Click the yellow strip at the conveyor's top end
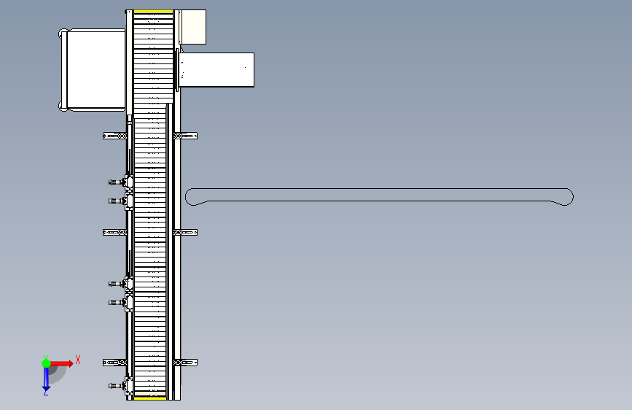[153, 12]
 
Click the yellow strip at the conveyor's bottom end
[150, 398]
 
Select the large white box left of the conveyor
[95, 69]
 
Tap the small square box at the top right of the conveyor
[192, 26]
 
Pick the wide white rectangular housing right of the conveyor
[217, 70]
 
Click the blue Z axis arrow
[46, 378]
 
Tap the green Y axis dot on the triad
[46, 363]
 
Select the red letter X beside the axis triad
[77, 360]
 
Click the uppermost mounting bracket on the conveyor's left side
[114, 136]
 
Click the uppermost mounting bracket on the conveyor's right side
[187, 136]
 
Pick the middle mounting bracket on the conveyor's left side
[114, 232]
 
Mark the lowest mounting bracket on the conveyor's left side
[114, 362]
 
